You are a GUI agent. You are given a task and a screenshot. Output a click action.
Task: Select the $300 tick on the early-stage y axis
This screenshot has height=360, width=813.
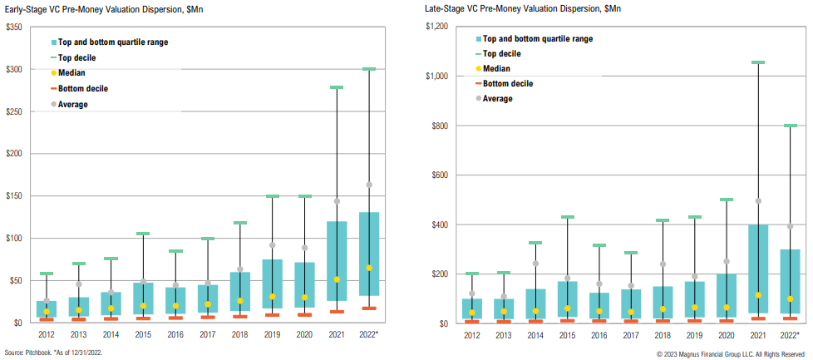tap(14, 69)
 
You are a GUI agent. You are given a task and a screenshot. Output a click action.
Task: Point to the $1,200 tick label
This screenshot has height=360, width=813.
tap(436, 27)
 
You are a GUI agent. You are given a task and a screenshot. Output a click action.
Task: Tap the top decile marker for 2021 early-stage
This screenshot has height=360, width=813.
tap(337, 87)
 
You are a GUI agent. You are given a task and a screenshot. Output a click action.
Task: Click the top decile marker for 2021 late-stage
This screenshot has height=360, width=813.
tap(758, 62)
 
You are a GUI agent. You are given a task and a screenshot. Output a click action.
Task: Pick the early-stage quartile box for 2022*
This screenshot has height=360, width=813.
tap(369, 254)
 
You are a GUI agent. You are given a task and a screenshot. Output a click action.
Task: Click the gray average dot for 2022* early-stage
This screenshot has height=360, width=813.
tap(369, 185)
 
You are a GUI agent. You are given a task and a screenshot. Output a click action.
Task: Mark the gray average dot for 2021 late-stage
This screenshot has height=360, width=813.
tap(758, 201)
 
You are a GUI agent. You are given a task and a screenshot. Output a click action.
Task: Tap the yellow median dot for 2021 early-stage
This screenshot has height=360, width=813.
tap(337, 279)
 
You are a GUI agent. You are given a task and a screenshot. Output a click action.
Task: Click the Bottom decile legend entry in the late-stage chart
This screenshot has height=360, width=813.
tap(507, 83)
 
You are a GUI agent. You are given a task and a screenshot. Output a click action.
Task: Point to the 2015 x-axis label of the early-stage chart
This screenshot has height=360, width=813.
tap(143, 334)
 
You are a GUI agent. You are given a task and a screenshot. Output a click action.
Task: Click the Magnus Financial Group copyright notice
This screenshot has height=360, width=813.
tap(732, 353)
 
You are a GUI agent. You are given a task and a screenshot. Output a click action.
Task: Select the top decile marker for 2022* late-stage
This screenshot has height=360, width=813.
tap(791, 126)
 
